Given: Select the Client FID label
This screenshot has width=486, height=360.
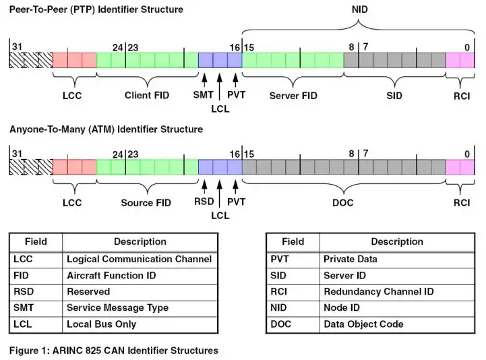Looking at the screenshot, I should coord(147,96).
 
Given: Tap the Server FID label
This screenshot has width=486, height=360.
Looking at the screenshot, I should coord(293,96).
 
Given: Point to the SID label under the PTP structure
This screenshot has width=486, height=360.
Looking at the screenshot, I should coord(394,96).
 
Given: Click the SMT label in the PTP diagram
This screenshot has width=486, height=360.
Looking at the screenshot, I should coord(203,95).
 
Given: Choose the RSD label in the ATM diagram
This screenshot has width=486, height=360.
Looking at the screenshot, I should coord(204,202).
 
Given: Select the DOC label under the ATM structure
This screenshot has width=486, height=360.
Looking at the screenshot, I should coord(343,202).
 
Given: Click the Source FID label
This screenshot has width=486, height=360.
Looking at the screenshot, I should coord(146,202).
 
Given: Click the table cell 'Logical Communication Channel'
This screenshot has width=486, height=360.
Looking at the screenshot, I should coord(139,259).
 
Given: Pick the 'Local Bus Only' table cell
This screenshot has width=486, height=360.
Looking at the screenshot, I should coord(101,324).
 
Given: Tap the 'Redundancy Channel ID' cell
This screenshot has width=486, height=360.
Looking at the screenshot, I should coord(379,292).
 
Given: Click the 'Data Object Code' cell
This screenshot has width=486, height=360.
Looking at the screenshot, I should coord(363,324).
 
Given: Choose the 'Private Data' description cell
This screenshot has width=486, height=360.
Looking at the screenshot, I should coord(351,259).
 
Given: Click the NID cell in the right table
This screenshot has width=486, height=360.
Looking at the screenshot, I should coord(279,308).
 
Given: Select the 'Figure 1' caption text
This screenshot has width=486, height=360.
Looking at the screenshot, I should coord(113,350).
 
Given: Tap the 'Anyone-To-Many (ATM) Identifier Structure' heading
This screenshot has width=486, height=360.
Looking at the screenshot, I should coord(106,129).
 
